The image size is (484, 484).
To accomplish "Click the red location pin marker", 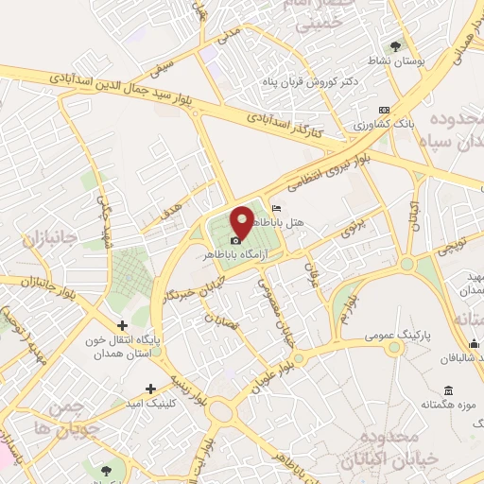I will [242, 221].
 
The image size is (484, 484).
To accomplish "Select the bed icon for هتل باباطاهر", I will [275, 208].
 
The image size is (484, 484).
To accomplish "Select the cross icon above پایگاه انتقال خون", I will [120, 325].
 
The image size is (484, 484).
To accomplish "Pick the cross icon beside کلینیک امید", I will [151, 389].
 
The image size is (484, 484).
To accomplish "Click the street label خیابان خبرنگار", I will [193, 283].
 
